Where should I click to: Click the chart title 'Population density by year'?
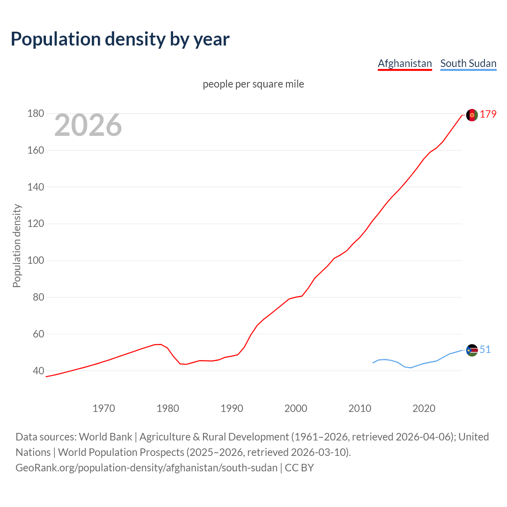point(120,39)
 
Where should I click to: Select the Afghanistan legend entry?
point(404,63)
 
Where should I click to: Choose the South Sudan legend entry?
point(468,63)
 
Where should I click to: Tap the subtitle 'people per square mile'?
point(253,84)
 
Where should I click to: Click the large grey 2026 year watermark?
point(88,125)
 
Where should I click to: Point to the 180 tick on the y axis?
point(35,114)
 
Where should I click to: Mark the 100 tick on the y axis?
point(35,261)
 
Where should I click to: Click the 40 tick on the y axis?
point(38,371)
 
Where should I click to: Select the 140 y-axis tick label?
point(35,187)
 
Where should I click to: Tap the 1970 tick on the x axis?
point(103,408)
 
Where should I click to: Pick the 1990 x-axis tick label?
point(232,408)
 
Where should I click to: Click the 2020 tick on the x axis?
point(424,408)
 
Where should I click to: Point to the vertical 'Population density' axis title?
point(17,246)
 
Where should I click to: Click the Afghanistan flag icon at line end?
point(472,115)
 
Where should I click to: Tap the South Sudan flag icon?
point(472,350)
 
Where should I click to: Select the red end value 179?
point(488,114)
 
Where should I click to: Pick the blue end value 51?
point(485,350)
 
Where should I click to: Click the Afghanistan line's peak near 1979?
point(160,344)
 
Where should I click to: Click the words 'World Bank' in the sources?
point(105,437)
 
